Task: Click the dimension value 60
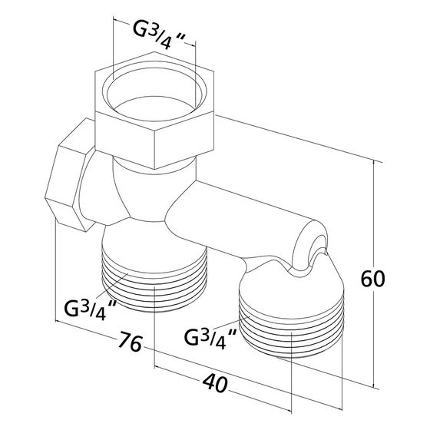pos(372,279)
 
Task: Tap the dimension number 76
pos(130,342)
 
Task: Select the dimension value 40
pos(215,384)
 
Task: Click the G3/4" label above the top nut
pos(158,35)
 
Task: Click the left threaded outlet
pos(154,279)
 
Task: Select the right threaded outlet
pos(291,323)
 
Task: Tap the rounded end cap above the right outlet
pos(310,246)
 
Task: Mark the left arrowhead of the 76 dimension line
pos(59,322)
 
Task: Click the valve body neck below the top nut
pos(154,189)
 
